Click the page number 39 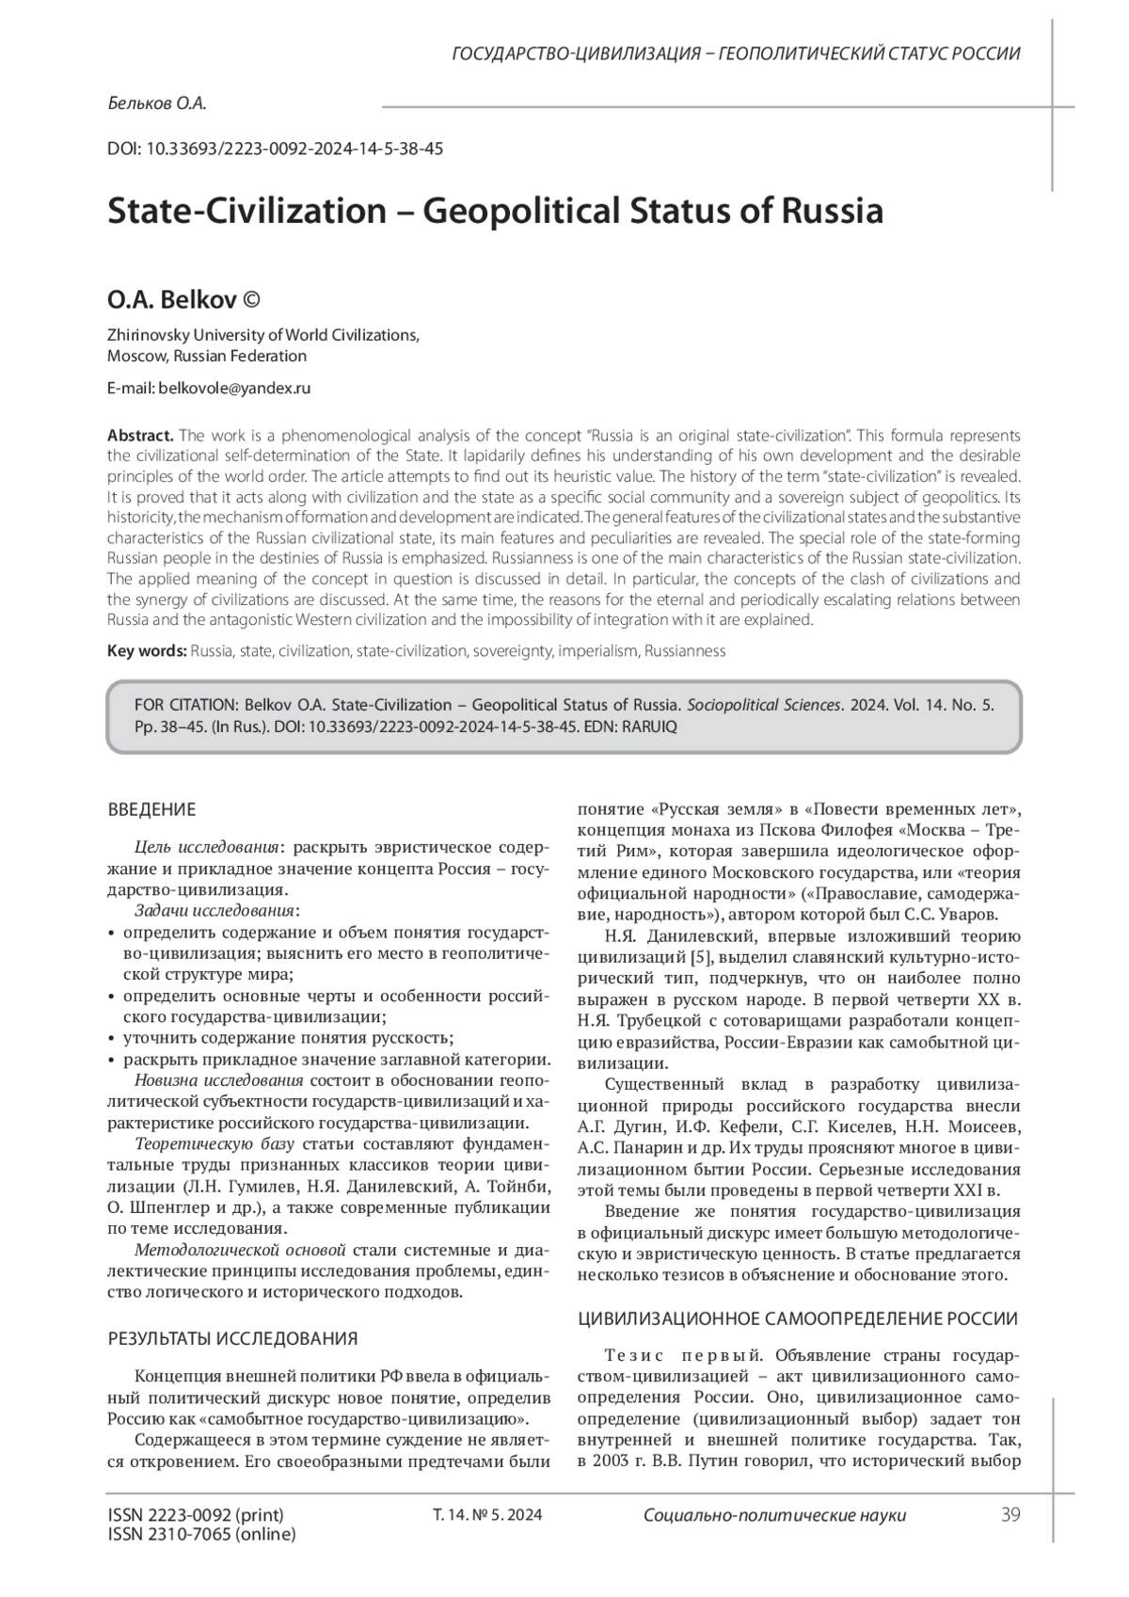click(x=1010, y=1514)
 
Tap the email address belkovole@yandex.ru click(x=234, y=388)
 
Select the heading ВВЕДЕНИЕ click(x=151, y=809)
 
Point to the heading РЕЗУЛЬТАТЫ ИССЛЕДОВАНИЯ click(x=232, y=1338)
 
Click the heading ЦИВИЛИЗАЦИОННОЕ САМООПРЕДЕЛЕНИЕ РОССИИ click(x=797, y=1318)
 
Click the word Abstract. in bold click(x=140, y=435)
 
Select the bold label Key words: click(x=147, y=650)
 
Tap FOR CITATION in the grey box click(x=188, y=705)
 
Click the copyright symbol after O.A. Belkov click(x=251, y=300)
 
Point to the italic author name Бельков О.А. click(x=156, y=104)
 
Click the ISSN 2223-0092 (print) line click(x=196, y=1514)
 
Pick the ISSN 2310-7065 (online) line click(x=202, y=1534)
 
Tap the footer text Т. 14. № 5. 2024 click(x=486, y=1515)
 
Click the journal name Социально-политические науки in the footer click(x=774, y=1515)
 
